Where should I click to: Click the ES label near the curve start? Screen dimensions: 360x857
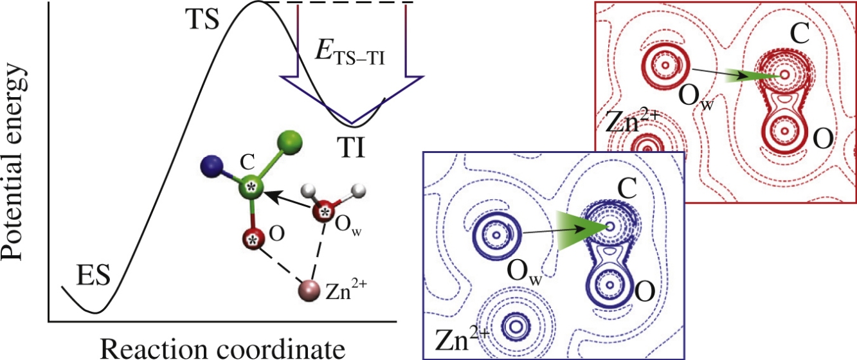point(94,274)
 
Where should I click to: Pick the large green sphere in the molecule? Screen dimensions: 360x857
point(290,145)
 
